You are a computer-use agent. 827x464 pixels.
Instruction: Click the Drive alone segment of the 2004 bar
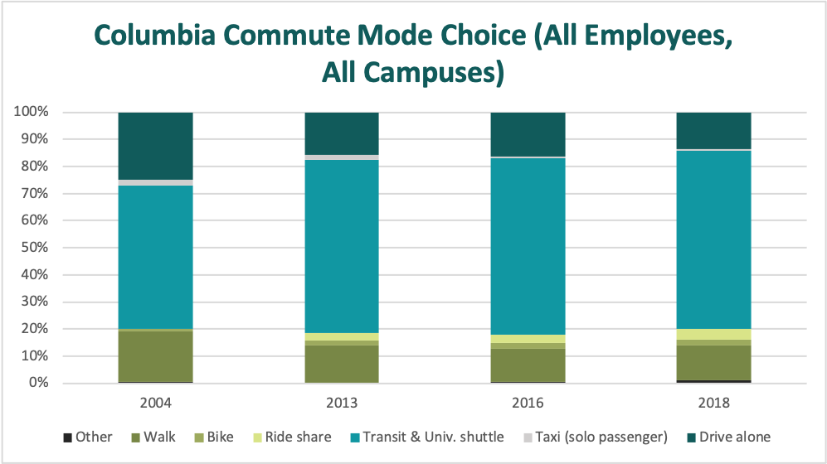pos(156,145)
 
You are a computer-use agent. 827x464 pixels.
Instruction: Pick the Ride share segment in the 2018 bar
pos(714,334)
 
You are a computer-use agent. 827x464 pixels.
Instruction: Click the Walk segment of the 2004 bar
pos(156,356)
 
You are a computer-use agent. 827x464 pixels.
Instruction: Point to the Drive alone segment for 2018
pos(714,130)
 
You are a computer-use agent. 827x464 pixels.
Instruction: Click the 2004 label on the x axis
pos(156,404)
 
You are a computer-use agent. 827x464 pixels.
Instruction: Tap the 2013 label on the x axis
pos(342,404)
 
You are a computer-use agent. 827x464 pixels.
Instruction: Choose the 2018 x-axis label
pos(714,404)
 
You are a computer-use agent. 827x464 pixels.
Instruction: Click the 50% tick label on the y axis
pos(35,248)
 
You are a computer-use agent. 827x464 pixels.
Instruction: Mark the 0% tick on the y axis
pos(39,384)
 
